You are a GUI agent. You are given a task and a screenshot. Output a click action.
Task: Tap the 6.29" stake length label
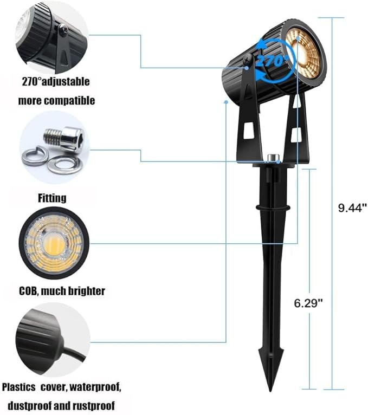click(308, 303)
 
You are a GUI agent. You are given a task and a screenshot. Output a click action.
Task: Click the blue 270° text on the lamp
click(272, 61)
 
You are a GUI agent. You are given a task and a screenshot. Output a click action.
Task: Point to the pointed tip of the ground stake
click(270, 390)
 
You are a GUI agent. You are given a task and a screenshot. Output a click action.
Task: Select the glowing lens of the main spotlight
click(304, 56)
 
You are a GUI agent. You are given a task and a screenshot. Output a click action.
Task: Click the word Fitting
click(52, 198)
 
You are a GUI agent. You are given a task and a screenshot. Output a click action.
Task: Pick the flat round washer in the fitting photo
click(64, 165)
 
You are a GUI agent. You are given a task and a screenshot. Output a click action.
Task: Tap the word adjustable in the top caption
click(66, 82)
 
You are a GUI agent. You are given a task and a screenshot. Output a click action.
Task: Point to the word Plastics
click(18, 387)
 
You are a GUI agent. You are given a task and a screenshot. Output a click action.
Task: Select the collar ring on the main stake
click(273, 207)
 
